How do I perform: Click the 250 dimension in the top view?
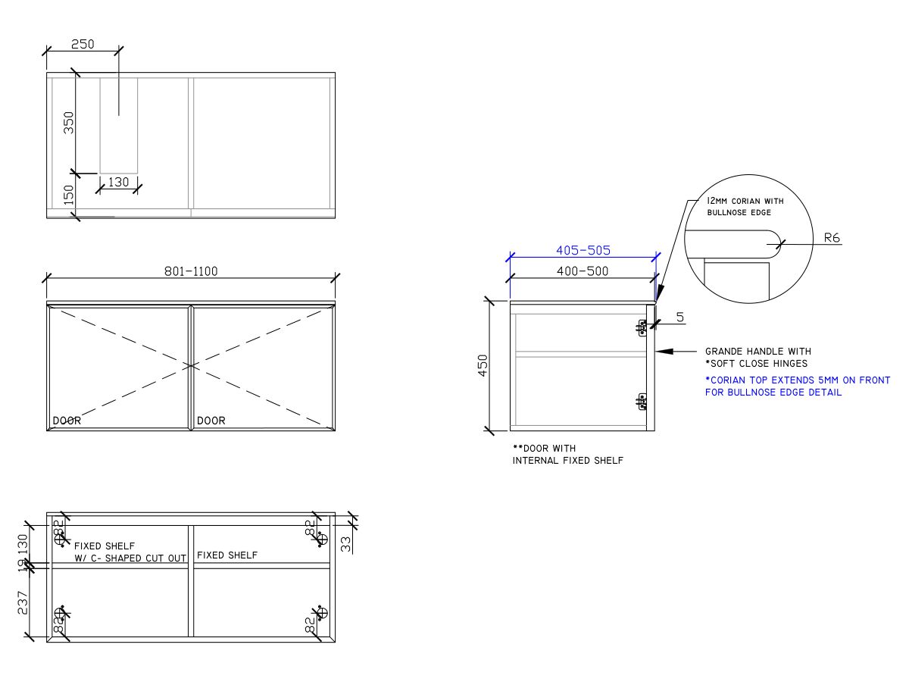pyautogui.click(x=83, y=44)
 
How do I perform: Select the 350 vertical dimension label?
pyautogui.click(x=69, y=123)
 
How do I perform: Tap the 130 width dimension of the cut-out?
pyautogui.click(x=118, y=182)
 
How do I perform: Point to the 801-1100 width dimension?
pyautogui.click(x=191, y=271)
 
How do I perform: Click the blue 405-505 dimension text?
pyautogui.click(x=583, y=250)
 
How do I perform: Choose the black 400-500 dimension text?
pyautogui.click(x=582, y=271)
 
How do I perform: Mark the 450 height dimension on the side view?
pyautogui.click(x=483, y=364)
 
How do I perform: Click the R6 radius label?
pyautogui.click(x=832, y=238)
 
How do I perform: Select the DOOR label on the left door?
pyautogui.click(x=67, y=421)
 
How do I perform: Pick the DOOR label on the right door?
pyautogui.click(x=211, y=421)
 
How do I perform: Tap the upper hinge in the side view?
pyautogui.click(x=642, y=327)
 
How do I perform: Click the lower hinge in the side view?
pyautogui.click(x=642, y=402)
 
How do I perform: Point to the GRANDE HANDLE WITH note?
pyautogui.click(x=757, y=352)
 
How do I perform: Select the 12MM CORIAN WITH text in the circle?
pyautogui.click(x=745, y=201)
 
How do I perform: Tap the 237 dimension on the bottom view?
pyautogui.click(x=23, y=602)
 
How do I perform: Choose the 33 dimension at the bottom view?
pyautogui.click(x=346, y=543)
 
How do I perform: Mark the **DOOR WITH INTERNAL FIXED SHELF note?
pyautogui.click(x=567, y=455)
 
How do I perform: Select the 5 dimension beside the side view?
pyautogui.click(x=679, y=318)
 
